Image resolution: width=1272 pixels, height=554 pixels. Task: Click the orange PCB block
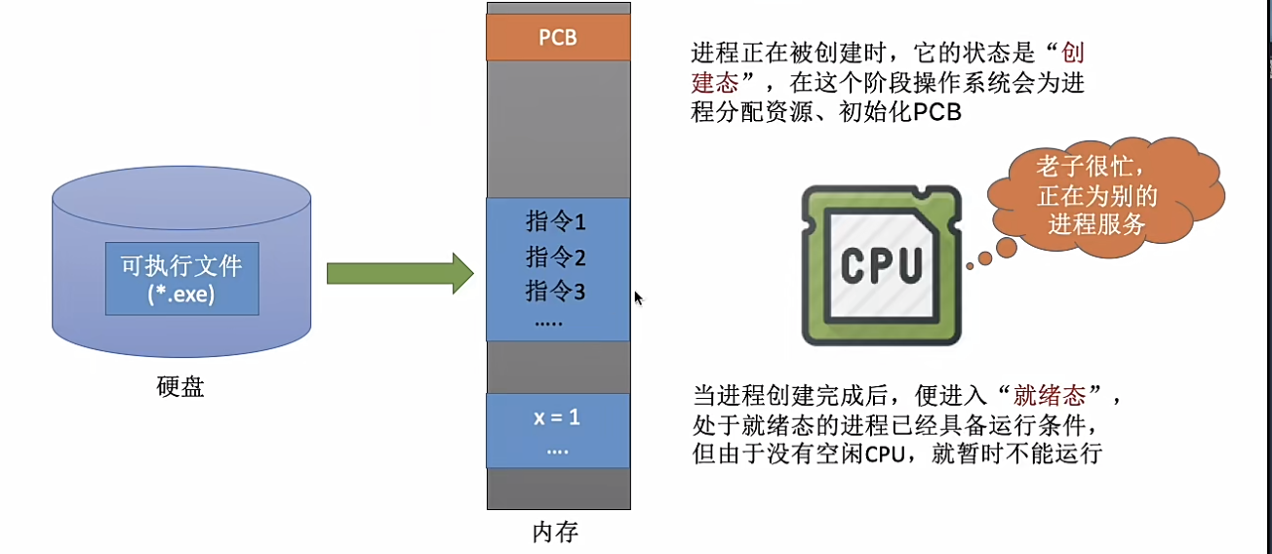coord(559,38)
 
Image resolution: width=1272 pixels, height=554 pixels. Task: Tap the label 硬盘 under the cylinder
coord(180,386)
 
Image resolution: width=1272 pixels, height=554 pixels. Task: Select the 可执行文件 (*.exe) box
coord(181,278)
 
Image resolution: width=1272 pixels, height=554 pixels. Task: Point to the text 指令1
coord(556,222)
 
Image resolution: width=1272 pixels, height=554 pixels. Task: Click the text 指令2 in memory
coord(556,257)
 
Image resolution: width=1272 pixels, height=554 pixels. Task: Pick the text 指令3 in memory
coord(556,291)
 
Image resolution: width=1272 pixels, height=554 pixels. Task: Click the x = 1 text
coord(557,418)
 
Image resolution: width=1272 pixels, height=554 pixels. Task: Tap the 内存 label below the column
coord(555,533)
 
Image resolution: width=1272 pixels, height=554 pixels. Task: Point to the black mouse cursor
coord(638,298)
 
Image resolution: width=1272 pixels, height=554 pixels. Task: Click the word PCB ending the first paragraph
coord(937,112)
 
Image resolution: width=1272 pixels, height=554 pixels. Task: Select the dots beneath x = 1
coord(557,451)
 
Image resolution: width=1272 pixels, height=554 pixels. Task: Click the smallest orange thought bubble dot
coord(969,264)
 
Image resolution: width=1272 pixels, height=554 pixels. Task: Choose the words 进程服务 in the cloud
coord(1096,224)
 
